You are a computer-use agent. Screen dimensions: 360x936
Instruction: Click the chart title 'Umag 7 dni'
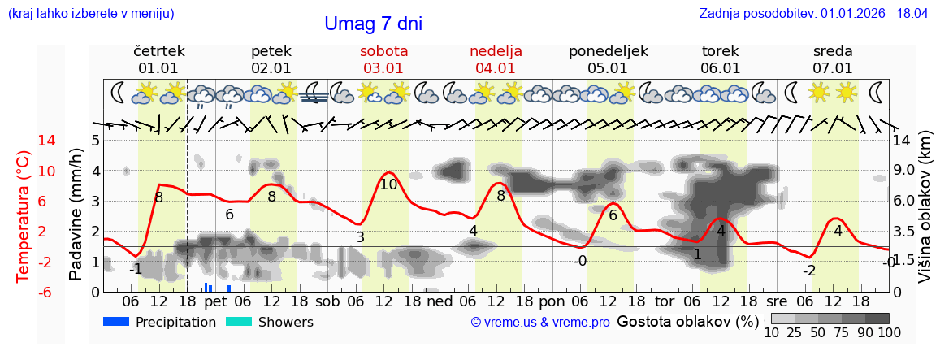(373, 24)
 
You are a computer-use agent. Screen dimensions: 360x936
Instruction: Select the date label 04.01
(496, 68)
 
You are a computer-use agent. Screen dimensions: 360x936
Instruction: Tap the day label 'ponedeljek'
(608, 51)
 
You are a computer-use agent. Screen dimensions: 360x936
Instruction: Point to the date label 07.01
(833, 68)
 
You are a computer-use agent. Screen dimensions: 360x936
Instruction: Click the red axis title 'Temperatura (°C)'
(23, 215)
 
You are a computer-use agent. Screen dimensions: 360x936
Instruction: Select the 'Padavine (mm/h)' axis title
(76, 215)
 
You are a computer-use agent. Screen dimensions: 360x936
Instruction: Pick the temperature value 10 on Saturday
(388, 184)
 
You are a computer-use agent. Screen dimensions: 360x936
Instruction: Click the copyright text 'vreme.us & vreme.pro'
(540, 323)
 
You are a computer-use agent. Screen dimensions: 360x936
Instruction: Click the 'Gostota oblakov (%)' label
(687, 321)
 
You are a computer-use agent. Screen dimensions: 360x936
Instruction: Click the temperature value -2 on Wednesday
(808, 271)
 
